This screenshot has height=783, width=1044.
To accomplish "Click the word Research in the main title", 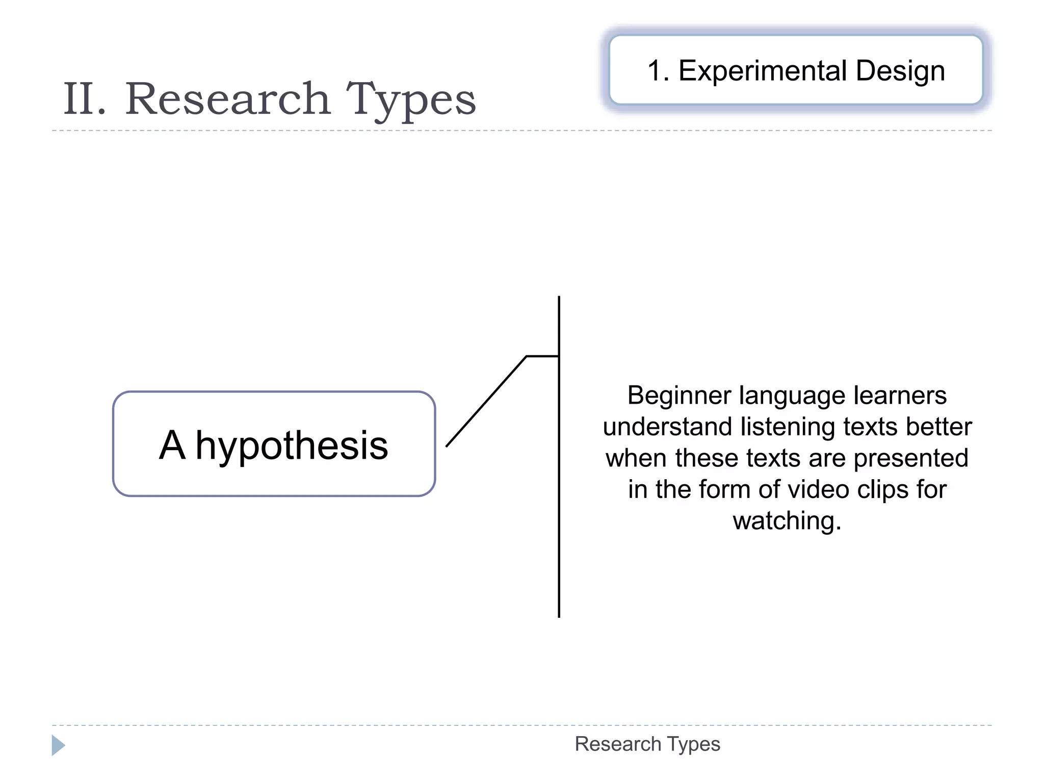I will click(228, 99).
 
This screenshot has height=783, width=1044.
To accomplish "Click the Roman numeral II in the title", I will click(85, 99).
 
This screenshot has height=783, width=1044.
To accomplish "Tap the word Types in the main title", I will click(411, 100).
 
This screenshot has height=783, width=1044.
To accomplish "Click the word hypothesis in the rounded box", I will click(292, 446).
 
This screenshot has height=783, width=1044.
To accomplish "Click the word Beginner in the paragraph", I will click(678, 396).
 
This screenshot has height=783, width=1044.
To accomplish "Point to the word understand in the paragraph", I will click(667, 427).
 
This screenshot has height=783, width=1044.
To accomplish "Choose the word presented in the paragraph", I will click(910, 458).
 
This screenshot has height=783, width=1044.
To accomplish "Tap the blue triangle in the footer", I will click(58, 745).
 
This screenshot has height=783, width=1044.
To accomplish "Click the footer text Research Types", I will click(647, 744).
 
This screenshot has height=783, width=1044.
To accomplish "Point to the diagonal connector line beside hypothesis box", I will click(486, 402).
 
